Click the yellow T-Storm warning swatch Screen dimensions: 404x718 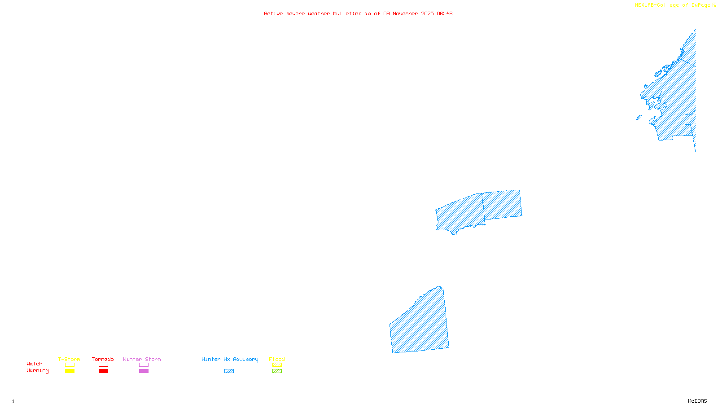tap(70, 371)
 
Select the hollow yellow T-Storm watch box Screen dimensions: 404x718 tap(70, 365)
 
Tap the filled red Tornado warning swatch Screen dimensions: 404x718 tap(103, 371)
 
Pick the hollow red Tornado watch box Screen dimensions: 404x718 tap(103, 365)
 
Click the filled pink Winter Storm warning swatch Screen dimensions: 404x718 tap(144, 371)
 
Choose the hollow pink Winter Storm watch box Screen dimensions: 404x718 tap(144, 365)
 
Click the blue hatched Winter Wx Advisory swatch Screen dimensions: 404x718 tap(229, 371)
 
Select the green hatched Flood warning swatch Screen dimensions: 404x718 tap(277, 371)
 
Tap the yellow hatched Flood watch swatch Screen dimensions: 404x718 tap(277, 365)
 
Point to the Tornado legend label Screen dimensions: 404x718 tap(103, 359)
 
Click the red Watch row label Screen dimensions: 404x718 tap(34, 364)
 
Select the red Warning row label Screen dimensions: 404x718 tap(37, 371)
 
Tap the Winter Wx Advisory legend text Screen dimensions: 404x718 tap(230, 359)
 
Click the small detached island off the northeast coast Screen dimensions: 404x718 tap(639, 118)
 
